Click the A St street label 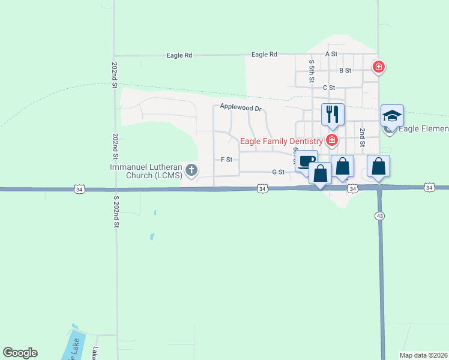tap(331, 54)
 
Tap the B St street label tap(345, 71)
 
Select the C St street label tap(328, 88)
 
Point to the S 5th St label tap(312, 71)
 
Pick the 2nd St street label tap(362, 137)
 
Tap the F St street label tap(226, 160)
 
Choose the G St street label tap(277, 172)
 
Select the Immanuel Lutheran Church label tap(146, 171)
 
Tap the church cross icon tap(191, 170)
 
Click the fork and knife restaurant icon tap(333, 114)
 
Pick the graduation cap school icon tap(392, 115)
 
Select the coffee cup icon tap(306, 161)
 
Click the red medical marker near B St tap(378, 67)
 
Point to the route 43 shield tap(379, 215)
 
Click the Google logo tap(20, 353)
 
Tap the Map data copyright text tap(424, 355)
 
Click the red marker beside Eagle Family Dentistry tap(331, 141)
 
